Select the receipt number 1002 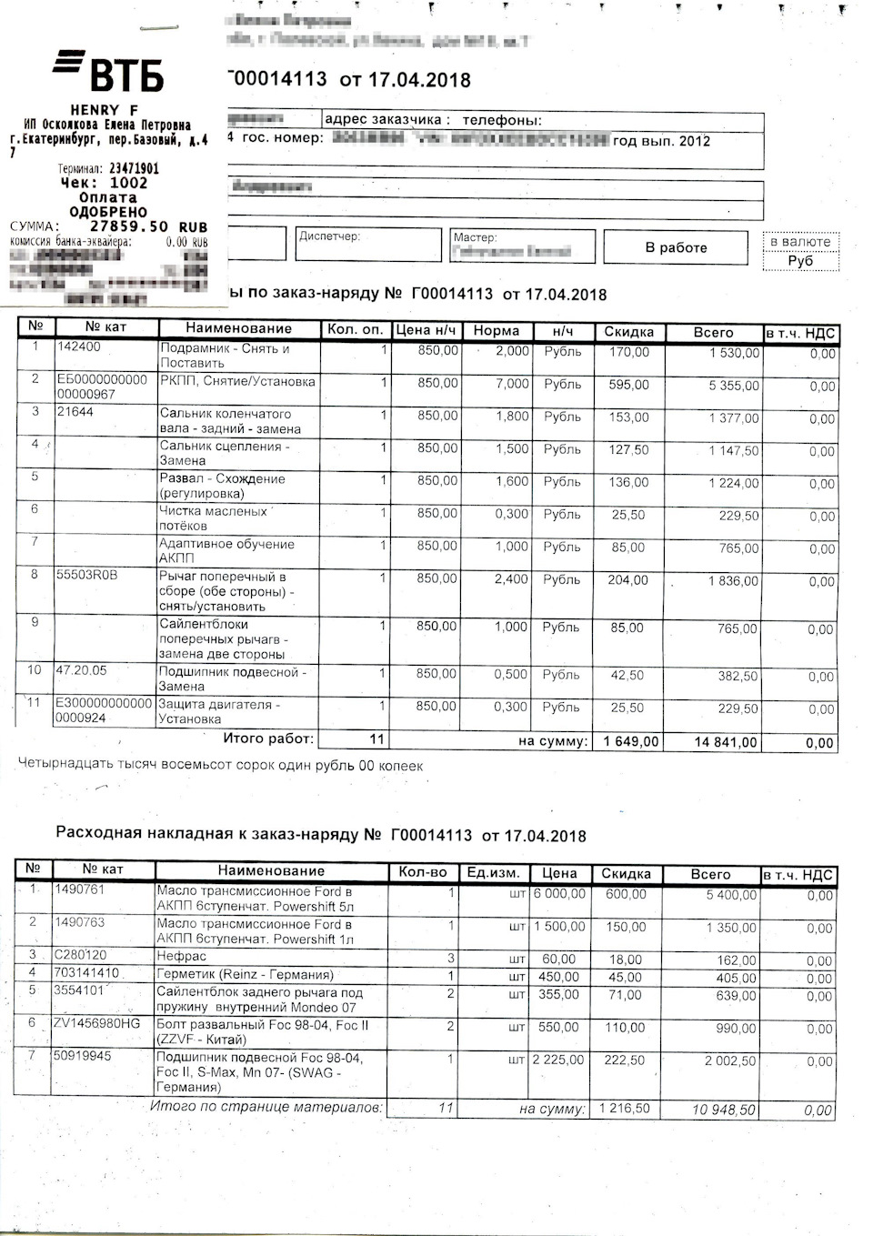coord(128,183)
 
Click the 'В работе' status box coord(676,247)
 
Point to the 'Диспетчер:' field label coord(329,236)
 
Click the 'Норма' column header coord(496,331)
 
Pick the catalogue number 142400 coord(79,347)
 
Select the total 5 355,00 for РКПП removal coord(733,386)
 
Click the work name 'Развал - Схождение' coord(223,478)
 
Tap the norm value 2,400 coord(511,578)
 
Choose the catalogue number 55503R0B coord(87,575)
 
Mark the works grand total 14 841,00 coord(726,742)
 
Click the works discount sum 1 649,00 coord(630,741)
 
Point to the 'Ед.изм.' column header coord(493,873)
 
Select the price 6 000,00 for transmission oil coord(559,894)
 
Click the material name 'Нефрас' coord(182,956)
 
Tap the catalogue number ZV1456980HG coord(97,1023)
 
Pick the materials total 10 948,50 coord(723,1110)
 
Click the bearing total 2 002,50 coord(730,1061)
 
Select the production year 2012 coord(695,141)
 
